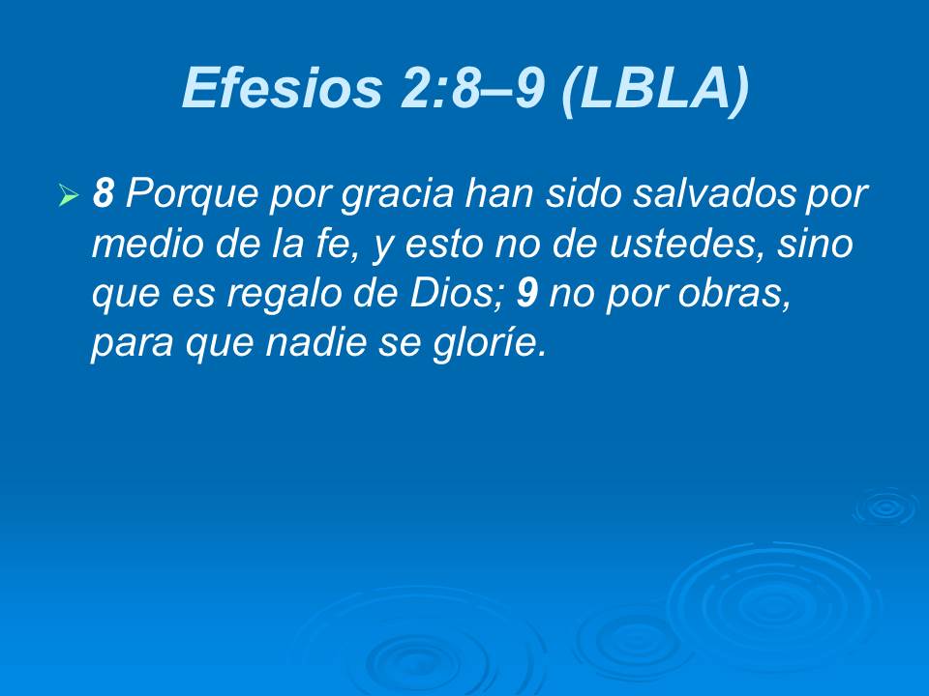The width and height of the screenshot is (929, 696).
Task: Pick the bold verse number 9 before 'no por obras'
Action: [526, 294]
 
